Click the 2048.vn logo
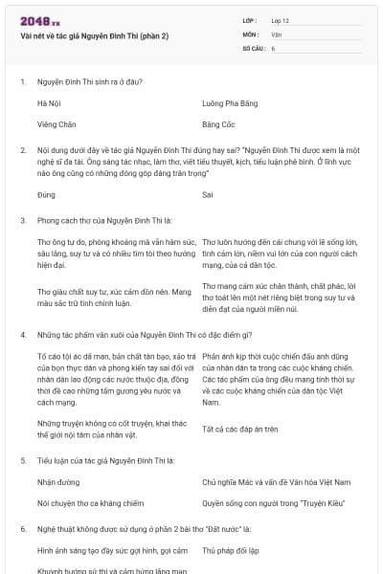coord(34,20)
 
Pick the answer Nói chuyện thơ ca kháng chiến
coord(91,501)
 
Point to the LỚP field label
coord(251,20)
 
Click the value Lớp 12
coord(280,20)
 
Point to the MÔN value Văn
coord(277,33)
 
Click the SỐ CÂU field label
coord(254,47)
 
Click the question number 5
coord(22,459)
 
